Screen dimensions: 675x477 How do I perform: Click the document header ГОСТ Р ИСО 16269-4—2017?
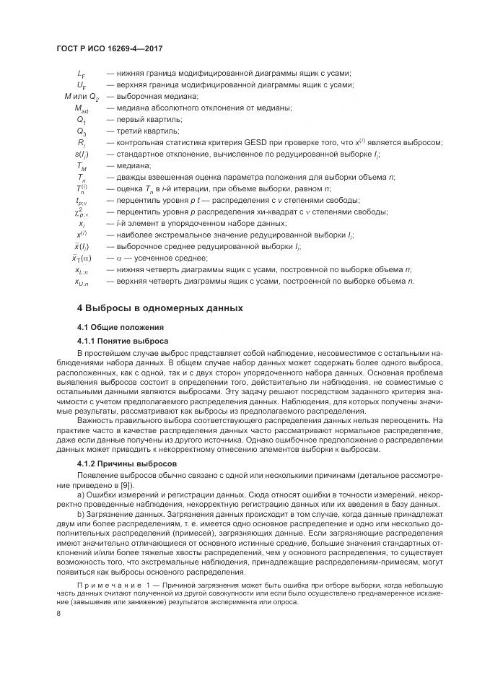tap(108, 48)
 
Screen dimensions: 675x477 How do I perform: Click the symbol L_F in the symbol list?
tap(81, 73)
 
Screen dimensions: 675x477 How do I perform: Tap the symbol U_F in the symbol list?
tap(81, 84)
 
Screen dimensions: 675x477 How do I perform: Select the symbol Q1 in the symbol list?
tap(81, 119)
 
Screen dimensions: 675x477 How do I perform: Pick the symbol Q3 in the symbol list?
tap(81, 131)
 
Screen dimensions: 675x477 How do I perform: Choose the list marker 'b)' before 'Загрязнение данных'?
tap(80, 513)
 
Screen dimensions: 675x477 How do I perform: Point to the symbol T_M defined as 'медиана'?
tap(81, 166)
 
